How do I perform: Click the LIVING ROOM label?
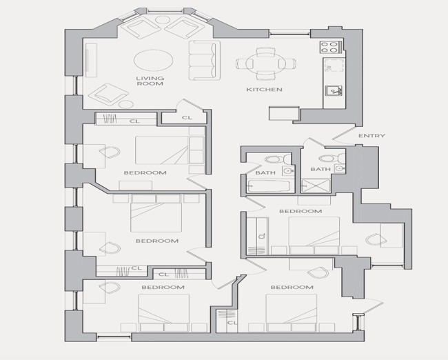(x=150, y=81)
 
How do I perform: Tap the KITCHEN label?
(x=264, y=90)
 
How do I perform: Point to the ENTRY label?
(x=371, y=136)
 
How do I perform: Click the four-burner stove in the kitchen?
(x=331, y=47)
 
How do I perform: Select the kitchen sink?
(x=334, y=90)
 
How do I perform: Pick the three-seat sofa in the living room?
(x=204, y=60)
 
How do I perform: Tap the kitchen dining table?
(x=266, y=63)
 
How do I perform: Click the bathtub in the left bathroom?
(x=269, y=186)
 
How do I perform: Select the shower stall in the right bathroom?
(x=316, y=186)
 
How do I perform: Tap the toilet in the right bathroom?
(x=332, y=158)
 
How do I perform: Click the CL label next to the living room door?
(x=187, y=117)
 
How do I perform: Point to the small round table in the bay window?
(x=163, y=20)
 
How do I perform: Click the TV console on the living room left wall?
(x=91, y=60)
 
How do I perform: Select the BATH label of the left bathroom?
(x=265, y=172)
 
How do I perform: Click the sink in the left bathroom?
(x=288, y=171)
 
